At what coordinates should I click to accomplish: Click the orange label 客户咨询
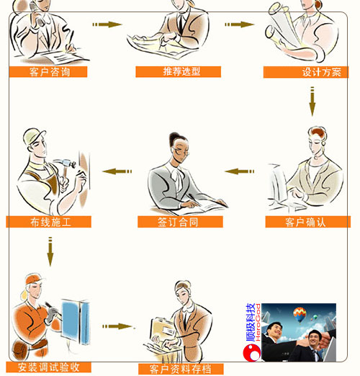click(x=48, y=72)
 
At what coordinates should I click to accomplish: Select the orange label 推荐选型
click(x=179, y=71)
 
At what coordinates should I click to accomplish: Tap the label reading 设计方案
click(x=306, y=72)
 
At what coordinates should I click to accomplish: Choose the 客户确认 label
click(x=308, y=222)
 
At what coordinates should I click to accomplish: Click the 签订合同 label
click(x=180, y=222)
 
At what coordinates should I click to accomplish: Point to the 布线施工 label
click(x=48, y=222)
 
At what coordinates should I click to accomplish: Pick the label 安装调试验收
click(x=48, y=367)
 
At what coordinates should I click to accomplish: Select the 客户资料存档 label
click(x=181, y=369)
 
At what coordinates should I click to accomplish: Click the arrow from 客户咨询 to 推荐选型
click(x=107, y=24)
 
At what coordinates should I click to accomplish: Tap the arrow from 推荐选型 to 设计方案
click(x=240, y=24)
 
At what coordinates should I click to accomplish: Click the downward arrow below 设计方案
click(x=312, y=102)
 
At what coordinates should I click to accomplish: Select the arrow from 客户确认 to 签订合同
click(x=239, y=171)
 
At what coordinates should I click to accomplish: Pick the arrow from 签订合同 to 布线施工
click(x=117, y=171)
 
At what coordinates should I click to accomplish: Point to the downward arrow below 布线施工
click(x=50, y=251)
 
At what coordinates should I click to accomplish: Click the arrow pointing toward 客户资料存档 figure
click(x=117, y=326)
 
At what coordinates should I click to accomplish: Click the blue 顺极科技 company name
click(x=250, y=323)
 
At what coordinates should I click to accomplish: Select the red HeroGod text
click(x=258, y=322)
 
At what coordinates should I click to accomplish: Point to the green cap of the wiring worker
click(x=35, y=135)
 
